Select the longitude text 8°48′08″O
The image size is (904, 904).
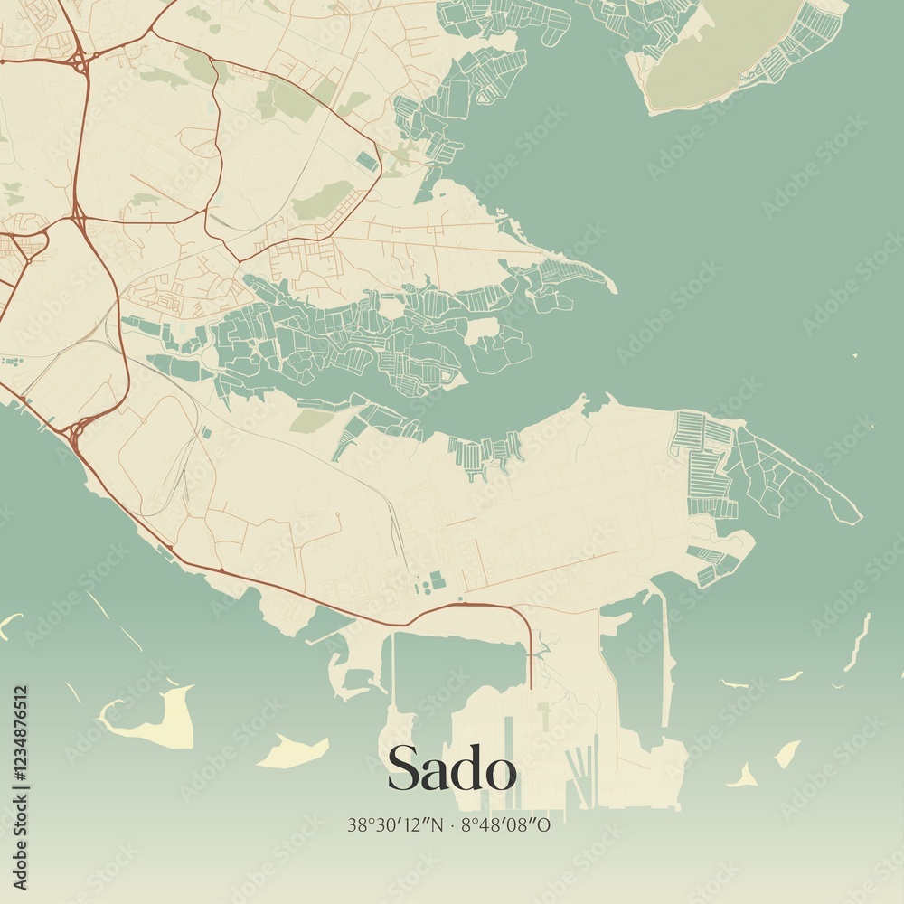(506, 824)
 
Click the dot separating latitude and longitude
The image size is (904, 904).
(453, 824)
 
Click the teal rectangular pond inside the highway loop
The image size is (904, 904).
(366, 162)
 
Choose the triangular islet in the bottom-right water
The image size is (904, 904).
(745, 777)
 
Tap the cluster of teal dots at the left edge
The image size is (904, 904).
(11, 362)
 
